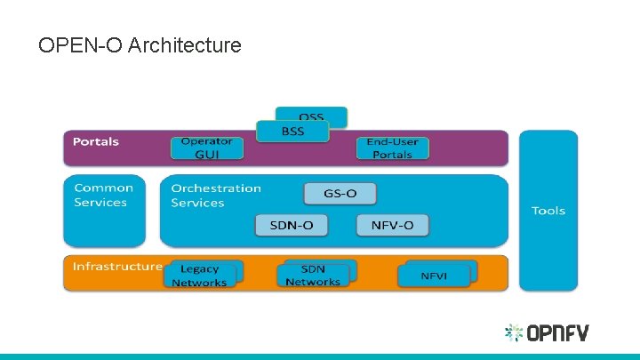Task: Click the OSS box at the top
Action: tap(311, 116)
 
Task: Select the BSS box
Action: tap(292, 132)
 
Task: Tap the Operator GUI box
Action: tap(206, 148)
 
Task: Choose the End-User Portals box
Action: tap(392, 148)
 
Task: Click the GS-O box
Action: tap(340, 194)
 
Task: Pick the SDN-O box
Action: tap(291, 225)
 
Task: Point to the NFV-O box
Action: tap(392, 225)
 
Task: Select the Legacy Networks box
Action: tap(199, 276)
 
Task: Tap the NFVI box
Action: tap(435, 276)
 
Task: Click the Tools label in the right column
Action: tap(548, 211)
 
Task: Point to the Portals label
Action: tap(95, 142)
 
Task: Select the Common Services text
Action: tap(103, 196)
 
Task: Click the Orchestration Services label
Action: tap(216, 196)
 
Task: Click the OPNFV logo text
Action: tap(559, 334)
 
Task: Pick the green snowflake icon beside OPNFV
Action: tap(514, 333)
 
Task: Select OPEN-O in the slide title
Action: tap(80, 44)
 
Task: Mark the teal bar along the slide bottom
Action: tap(320, 356)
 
